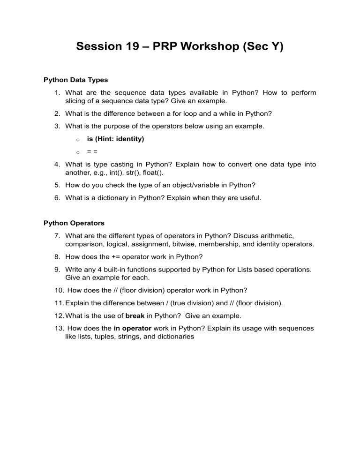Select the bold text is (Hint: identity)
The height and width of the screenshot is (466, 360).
pos(116,139)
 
